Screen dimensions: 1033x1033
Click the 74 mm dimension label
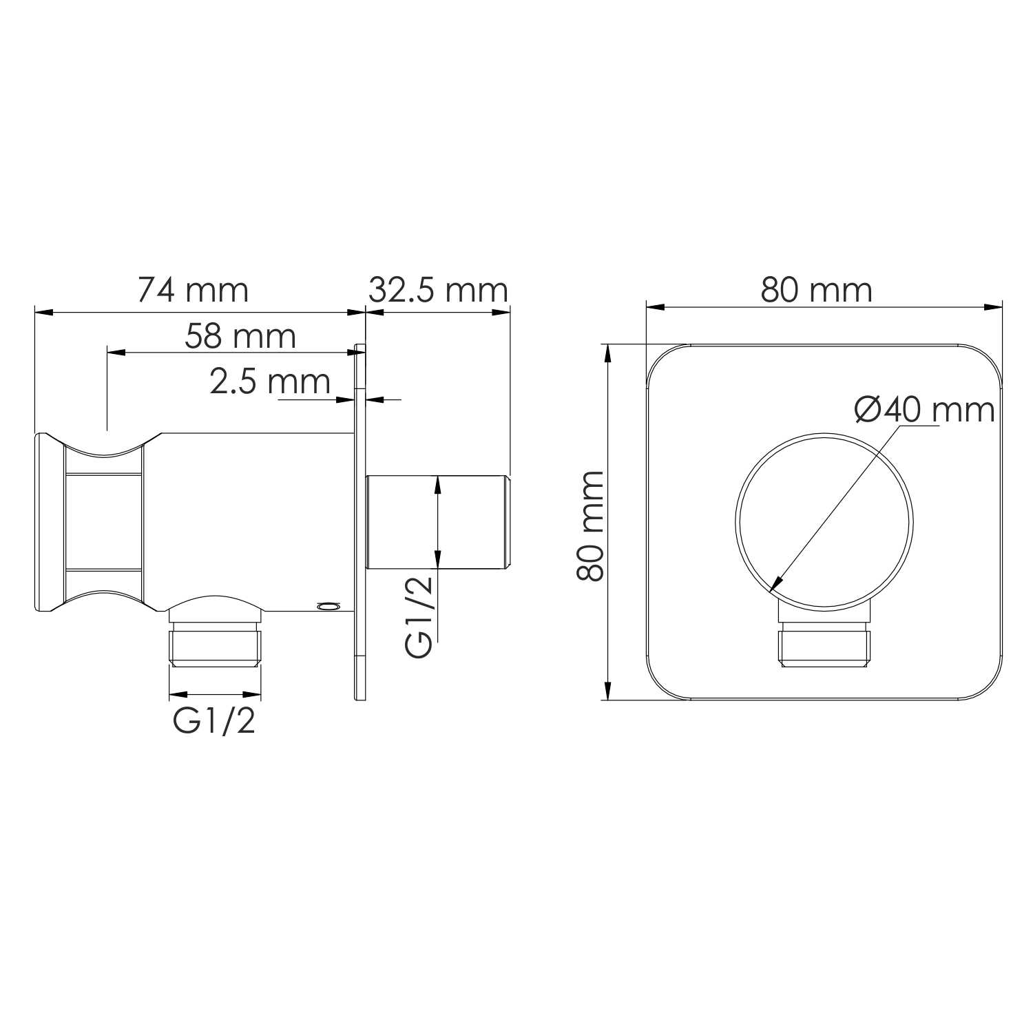coord(193,290)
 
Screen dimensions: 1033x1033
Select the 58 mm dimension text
coord(240,336)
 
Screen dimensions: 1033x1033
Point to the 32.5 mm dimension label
coord(438,290)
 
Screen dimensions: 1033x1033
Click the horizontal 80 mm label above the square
coord(816,290)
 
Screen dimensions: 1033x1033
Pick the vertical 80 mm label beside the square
coord(591,526)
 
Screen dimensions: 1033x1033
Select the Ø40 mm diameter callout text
coord(924,411)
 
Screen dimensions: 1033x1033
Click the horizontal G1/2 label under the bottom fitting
coord(214,722)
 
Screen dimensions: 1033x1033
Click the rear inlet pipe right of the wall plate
coord(437,521)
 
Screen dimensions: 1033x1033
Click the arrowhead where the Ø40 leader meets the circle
coord(775,585)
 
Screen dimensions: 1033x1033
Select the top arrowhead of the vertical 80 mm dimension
coord(607,352)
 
